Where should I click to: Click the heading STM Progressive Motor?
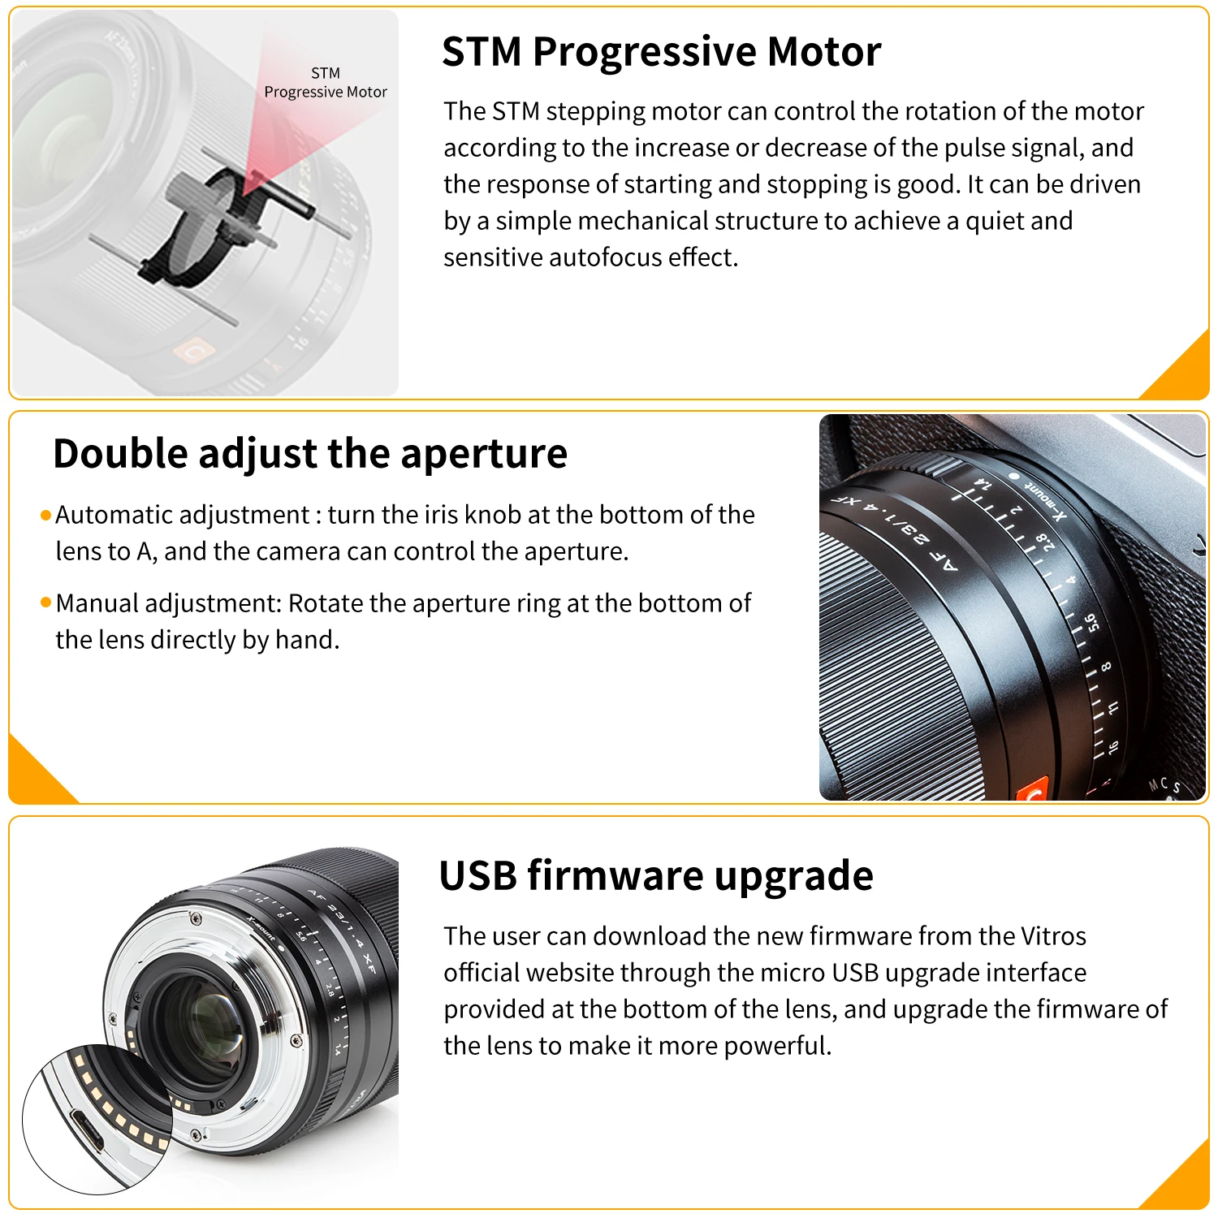(x=661, y=52)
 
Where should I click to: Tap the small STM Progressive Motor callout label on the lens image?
(x=326, y=83)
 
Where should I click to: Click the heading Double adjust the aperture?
(x=309, y=453)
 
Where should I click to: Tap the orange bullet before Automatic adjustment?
(x=45, y=516)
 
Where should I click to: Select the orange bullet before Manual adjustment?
(x=45, y=603)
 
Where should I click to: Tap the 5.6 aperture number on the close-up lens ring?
(x=1093, y=623)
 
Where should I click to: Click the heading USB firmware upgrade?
(x=655, y=875)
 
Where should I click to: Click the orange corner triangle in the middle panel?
(x=32, y=775)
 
